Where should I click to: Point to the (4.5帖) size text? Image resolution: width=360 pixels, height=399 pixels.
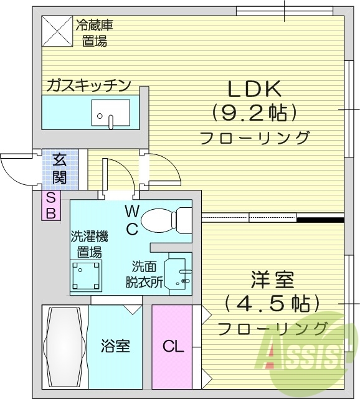click(273, 303)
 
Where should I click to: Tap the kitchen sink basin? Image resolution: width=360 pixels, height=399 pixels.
click(110, 113)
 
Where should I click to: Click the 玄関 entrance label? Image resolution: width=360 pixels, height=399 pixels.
click(60, 169)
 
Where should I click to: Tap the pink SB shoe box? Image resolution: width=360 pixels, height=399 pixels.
click(50, 205)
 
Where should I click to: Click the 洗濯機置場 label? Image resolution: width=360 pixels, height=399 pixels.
click(88, 245)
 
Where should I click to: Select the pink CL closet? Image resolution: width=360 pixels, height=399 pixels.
click(173, 347)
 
